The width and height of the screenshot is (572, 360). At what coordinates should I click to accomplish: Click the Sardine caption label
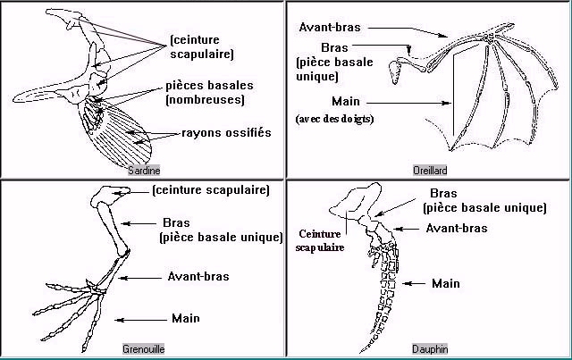pyautogui.click(x=142, y=169)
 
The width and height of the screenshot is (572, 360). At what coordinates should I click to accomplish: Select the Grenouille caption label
pyautogui.click(x=143, y=348)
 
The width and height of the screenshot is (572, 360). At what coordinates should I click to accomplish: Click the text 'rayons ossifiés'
pyautogui.click(x=225, y=133)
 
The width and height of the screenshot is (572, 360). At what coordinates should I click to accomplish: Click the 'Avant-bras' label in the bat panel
pyautogui.click(x=330, y=28)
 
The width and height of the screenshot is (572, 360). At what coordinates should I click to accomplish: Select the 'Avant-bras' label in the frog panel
pyautogui.click(x=198, y=276)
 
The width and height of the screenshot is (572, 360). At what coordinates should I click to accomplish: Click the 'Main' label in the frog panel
pyautogui.click(x=185, y=318)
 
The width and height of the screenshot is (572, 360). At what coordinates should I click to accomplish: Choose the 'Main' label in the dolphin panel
pyautogui.click(x=446, y=283)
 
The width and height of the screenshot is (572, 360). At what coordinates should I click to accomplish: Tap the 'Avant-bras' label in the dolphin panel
pyautogui.click(x=456, y=228)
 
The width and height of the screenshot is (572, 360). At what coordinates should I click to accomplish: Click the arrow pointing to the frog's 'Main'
pyautogui.click(x=143, y=319)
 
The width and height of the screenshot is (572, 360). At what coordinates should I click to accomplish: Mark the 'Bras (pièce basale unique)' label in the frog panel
pyautogui.click(x=218, y=230)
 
